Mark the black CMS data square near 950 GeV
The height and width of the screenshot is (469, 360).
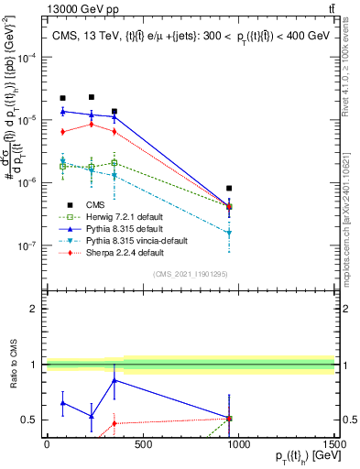[229, 188]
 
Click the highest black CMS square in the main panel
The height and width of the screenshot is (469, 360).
[92, 96]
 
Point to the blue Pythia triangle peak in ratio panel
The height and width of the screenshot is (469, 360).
[114, 379]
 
